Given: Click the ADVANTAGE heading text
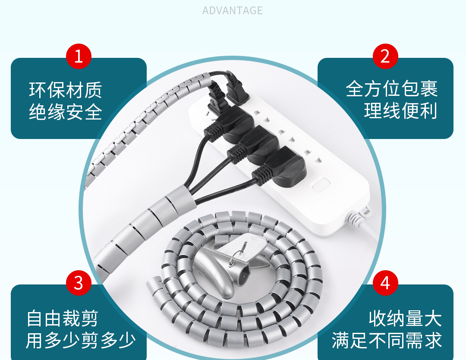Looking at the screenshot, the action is [x=233, y=10].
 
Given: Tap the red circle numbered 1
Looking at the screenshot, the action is [x=79, y=56].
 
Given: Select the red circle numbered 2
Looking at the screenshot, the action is [x=385, y=56].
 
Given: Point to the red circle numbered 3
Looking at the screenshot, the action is [x=79, y=283].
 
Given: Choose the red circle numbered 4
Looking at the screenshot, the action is [x=385, y=283].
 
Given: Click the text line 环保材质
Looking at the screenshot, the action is [x=66, y=90].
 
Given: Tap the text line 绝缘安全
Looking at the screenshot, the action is [x=66, y=112].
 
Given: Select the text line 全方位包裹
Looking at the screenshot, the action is [x=391, y=88].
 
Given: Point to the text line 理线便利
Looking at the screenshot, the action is [x=400, y=111].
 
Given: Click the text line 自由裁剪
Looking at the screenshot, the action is [x=62, y=319].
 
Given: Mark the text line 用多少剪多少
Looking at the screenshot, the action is [x=81, y=341].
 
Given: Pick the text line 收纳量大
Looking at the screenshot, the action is [x=405, y=319].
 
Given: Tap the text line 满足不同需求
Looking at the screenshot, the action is [x=387, y=341].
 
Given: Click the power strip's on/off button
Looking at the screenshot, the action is [x=321, y=184].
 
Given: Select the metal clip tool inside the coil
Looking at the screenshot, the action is [x=230, y=264].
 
